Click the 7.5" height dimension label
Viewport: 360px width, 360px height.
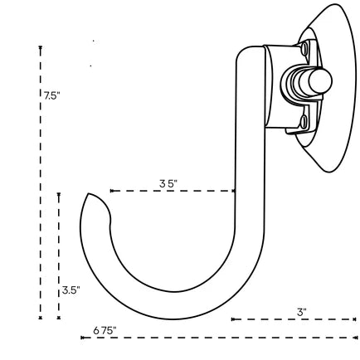click(x=51, y=95)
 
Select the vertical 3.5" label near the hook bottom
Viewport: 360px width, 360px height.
click(x=71, y=290)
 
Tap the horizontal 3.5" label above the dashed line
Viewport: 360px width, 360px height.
click(x=168, y=183)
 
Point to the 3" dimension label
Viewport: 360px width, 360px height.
click(x=302, y=312)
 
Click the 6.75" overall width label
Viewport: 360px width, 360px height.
click(x=105, y=330)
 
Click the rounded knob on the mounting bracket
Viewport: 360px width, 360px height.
click(x=320, y=80)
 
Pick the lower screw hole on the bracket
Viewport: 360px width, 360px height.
click(x=304, y=123)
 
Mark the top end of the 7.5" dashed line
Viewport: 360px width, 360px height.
click(x=40, y=47)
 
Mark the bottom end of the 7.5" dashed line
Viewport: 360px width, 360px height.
click(x=40, y=317)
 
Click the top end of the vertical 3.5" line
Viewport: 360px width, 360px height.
click(x=59, y=194)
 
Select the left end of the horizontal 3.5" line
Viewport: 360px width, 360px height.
click(x=111, y=191)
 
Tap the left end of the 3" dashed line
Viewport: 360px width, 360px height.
click(x=232, y=319)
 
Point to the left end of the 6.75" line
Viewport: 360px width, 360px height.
click(x=82, y=337)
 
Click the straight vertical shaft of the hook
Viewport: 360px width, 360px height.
click(x=249, y=166)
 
